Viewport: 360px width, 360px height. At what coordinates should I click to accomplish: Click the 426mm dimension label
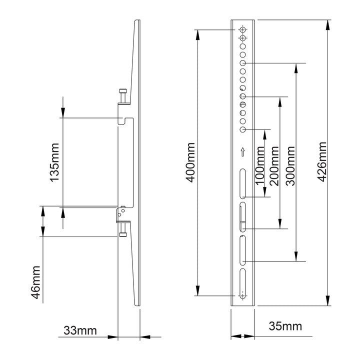pos(322,161)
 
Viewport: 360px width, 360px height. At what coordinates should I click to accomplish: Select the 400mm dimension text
pos(190,162)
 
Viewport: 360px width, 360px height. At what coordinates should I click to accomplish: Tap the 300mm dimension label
pos(290,166)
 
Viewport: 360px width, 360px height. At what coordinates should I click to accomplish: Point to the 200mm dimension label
pos(274,166)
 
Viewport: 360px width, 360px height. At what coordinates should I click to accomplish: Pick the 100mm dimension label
pos(259,166)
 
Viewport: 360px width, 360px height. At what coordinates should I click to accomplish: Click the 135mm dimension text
pos(54,162)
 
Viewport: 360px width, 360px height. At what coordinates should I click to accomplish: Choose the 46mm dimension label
pos(35,282)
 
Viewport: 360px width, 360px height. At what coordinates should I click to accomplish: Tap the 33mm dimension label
pos(80,330)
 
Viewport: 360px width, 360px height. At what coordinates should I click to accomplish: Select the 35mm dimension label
pos(285,326)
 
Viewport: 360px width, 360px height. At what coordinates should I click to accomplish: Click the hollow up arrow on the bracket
pos(242,152)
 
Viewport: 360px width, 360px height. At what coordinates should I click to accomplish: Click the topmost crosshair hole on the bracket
pos(242,29)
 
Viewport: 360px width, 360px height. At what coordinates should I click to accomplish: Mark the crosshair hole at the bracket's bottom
pos(242,295)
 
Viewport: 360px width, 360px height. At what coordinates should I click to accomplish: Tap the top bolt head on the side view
pos(123,90)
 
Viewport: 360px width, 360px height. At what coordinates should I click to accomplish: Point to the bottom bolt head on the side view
pos(123,234)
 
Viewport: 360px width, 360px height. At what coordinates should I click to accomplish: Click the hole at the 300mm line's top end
pos(242,63)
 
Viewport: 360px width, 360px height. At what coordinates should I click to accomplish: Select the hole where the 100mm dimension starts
pos(242,129)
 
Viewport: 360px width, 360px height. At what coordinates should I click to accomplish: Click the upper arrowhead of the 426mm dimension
pos(328,25)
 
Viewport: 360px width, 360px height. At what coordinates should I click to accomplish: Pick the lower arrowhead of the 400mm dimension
pos(197,290)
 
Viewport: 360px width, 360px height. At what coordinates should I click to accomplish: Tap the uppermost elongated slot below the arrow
pos(242,183)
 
